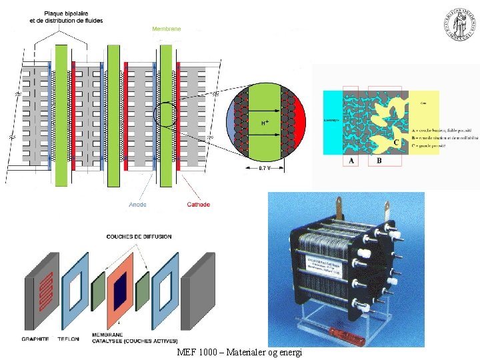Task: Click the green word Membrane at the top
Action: (166, 29)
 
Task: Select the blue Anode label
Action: (138, 204)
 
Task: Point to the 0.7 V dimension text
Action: (265, 168)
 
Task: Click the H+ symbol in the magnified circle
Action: (265, 123)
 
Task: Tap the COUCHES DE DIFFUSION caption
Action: (139, 236)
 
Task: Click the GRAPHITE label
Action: (35, 339)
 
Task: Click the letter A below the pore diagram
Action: (352, 161)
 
